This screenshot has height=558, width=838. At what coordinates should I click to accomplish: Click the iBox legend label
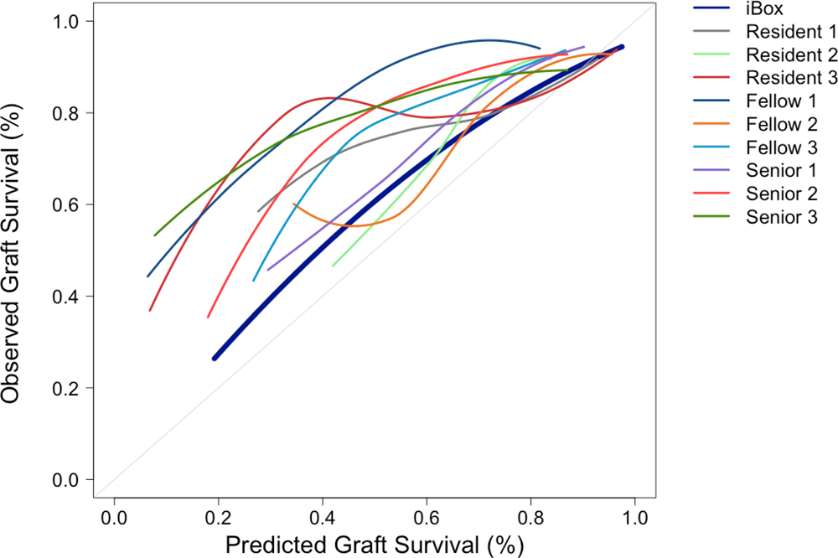pyautogui.click(x=763, y=10)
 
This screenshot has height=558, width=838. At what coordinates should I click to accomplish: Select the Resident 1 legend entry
pyautogui.click(x=790, y=33)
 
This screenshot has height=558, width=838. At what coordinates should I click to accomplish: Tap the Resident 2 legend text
pyautogui.click(x=790, y=55)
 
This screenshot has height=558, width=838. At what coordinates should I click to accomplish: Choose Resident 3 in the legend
pyautogui.click(x=790, y=78)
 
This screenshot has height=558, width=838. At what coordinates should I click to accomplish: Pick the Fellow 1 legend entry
pyautogui.click(x=781, y=101)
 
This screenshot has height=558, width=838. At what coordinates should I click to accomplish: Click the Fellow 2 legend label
pyautogui.click(x=781, y=123)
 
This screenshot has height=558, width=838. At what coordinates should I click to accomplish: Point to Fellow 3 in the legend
pyautogui.click(x=781, y=147)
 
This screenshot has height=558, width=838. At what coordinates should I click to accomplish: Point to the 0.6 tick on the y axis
pyautogui.click(x=66, y=204)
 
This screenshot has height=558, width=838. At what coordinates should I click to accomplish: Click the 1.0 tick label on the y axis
pyautogui.click(x=66, y=21)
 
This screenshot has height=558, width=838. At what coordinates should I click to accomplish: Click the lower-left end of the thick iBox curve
pyautogui.click(x=215, y=358)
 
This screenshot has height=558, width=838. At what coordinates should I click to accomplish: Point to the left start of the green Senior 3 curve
pyautogui.click(x=154, y=235)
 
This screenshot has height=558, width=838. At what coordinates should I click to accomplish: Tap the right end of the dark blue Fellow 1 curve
pyautogui.click(x=540, y=49)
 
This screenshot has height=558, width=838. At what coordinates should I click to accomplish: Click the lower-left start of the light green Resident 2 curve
pyautogui.click(x=333, y=266)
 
